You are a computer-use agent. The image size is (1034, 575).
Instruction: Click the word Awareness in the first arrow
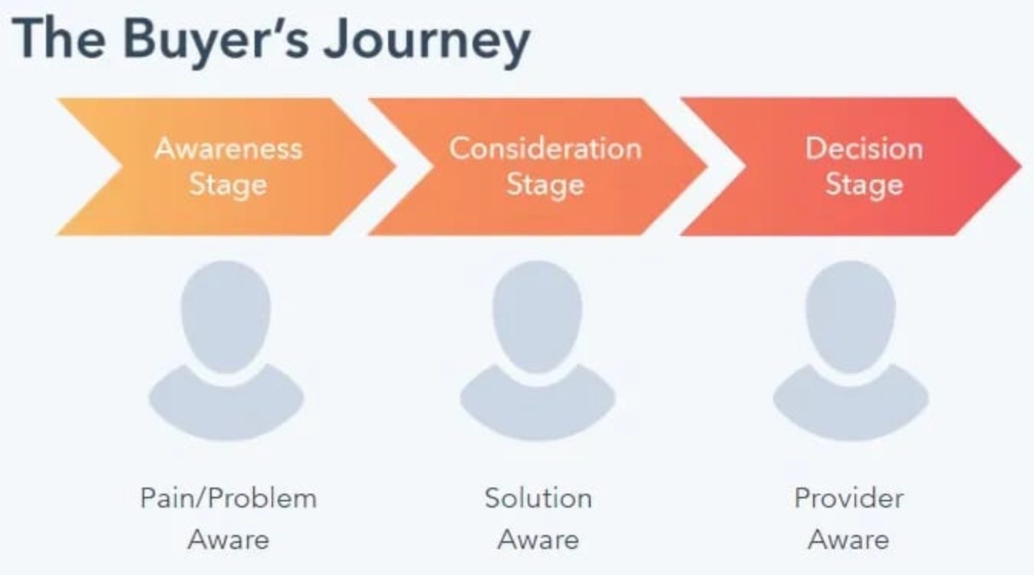229,147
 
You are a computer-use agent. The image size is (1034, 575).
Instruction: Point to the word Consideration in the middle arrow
545,147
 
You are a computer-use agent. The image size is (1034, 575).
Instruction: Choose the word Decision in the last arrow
864,147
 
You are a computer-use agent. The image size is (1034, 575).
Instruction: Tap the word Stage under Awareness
229,185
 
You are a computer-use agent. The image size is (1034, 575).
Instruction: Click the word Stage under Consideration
545,185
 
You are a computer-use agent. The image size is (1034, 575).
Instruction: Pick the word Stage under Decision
864,185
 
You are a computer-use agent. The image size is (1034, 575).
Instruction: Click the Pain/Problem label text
229,498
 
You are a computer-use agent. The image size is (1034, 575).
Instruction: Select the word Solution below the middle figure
538,498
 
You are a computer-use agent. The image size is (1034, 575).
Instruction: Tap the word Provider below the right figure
849,498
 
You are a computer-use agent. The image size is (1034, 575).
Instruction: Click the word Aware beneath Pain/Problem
229,539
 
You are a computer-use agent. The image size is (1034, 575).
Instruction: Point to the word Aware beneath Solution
538,539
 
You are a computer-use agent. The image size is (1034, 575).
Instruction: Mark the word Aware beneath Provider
849,539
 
